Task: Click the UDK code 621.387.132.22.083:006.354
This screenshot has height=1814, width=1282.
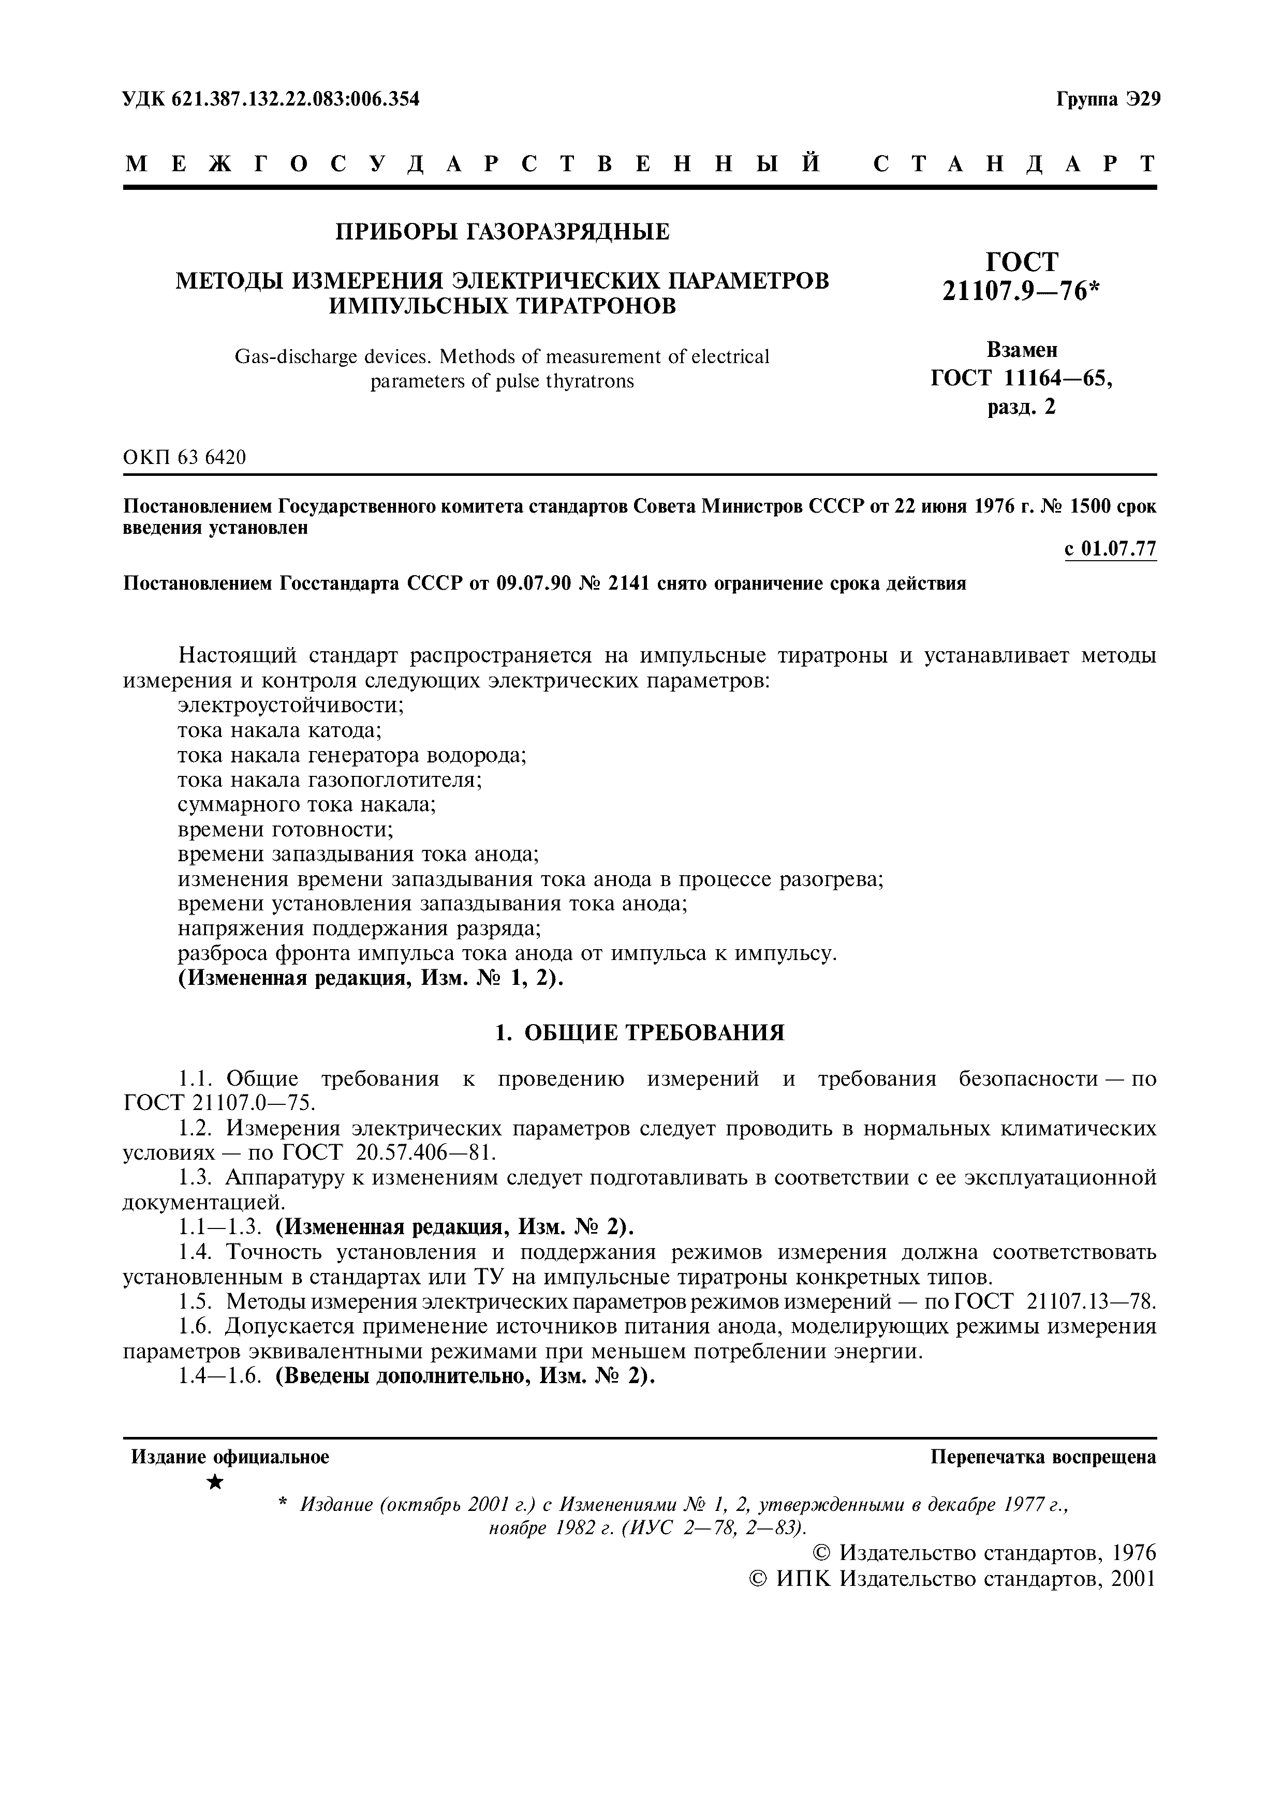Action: [x=271, y=99]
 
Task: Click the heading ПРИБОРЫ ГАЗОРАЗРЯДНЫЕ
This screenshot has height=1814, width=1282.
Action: [x=502, y=232]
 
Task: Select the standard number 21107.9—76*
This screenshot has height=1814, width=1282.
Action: [x=1021, y=292]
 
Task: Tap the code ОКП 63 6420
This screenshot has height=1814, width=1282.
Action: [x=184, y=457]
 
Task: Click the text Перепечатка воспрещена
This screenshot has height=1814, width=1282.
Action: [x=1043, y=1457]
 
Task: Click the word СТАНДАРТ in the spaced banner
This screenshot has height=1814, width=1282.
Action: [x=1014, y=163]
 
